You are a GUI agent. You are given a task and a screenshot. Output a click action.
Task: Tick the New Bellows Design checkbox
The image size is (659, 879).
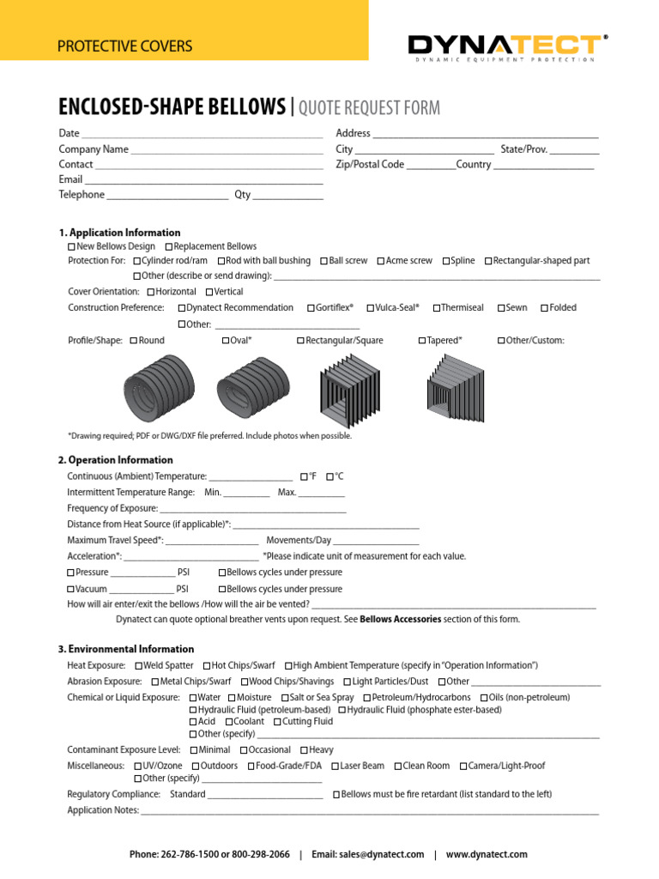pos(71,247)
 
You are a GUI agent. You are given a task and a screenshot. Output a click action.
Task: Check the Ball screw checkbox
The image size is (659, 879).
pos(324,261)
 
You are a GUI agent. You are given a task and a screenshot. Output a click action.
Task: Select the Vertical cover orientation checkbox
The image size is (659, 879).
pos(206,293)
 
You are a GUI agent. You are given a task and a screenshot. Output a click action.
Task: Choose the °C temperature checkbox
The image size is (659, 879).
pos(330,476)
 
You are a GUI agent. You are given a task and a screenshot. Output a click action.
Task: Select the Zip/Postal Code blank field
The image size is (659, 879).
pos(431,166)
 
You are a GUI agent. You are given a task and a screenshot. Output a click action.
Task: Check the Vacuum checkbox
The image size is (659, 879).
pos(71,590)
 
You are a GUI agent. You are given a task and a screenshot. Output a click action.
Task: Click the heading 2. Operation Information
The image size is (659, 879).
pos(116,460)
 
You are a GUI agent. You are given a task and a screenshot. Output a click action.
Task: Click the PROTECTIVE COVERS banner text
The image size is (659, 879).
pos(124,46)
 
